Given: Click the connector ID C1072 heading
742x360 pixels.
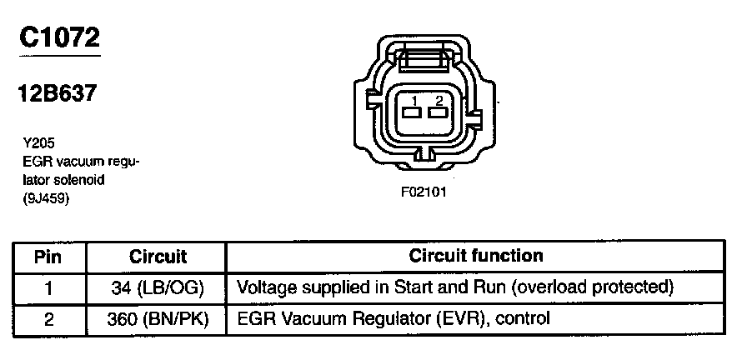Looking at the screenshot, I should click(x=59, y=37).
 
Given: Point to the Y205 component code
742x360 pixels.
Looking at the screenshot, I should click(x=40, y=142).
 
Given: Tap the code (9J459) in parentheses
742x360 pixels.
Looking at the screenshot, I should click(x=47, y=198).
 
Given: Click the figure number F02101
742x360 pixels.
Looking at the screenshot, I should click(x=424, y=191).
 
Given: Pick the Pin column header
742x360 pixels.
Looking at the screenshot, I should click(x=48, y=256).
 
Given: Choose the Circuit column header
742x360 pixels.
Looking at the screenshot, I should click(x=158, y=257).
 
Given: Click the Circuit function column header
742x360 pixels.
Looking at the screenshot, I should click(x=476, y=256).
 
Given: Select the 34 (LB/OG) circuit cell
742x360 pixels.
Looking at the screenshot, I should click(x=158, y=287).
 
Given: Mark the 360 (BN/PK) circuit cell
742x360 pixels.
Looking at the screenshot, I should click(x=158, y=317).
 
